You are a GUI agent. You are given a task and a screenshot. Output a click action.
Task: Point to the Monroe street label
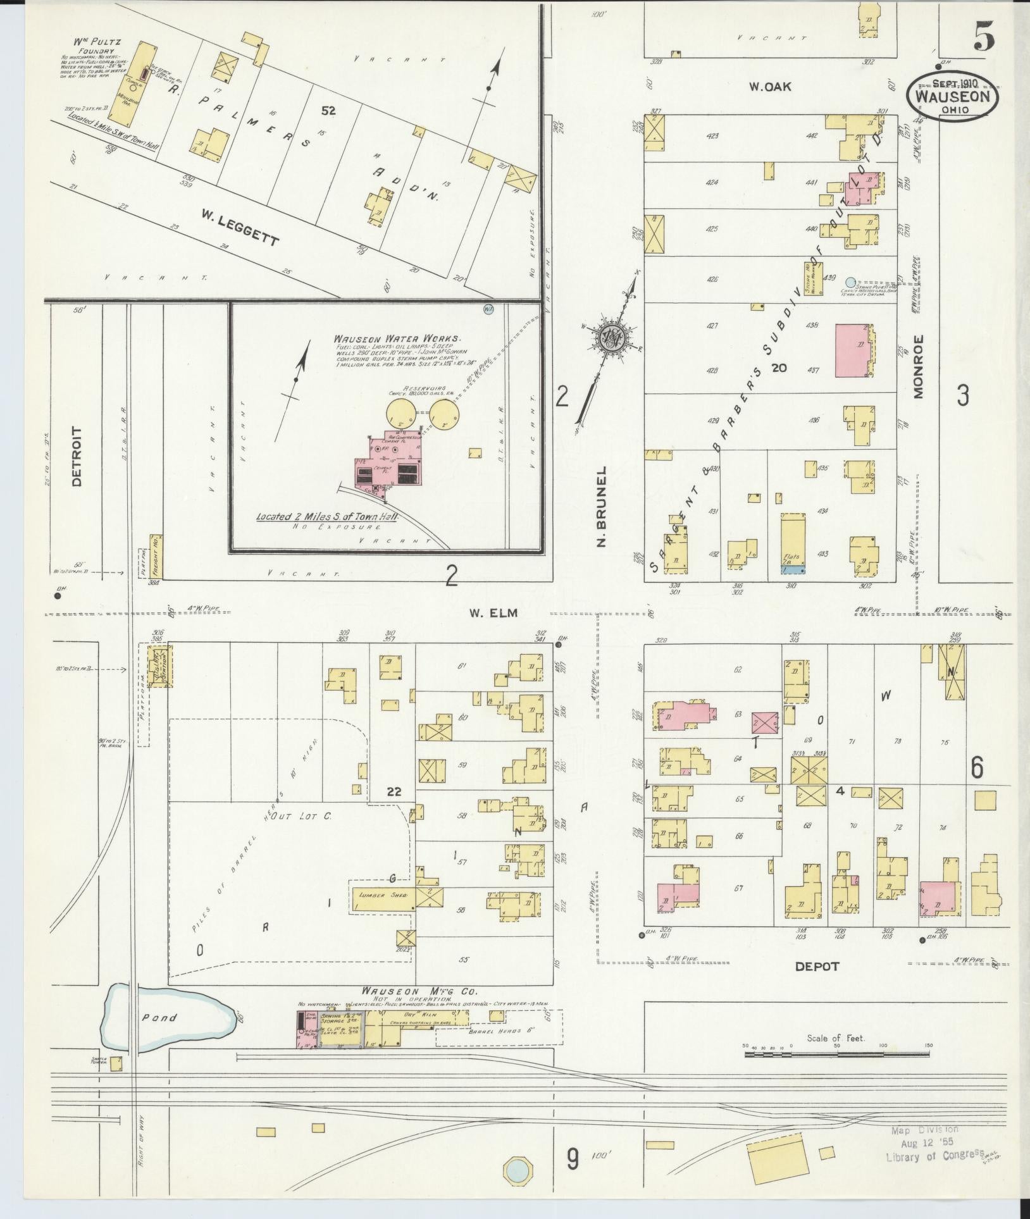point(919,366)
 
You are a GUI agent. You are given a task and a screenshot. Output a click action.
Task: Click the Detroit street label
point(77,456)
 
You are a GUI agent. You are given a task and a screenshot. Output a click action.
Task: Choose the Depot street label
point(817,984)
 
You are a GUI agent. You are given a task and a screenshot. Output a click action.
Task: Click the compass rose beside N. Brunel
point(612,339)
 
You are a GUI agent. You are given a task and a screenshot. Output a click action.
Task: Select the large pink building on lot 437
point(853,351)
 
